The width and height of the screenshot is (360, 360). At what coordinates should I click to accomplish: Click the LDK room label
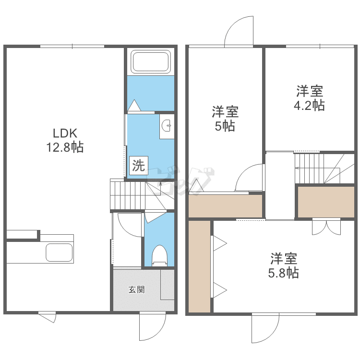point(65,133)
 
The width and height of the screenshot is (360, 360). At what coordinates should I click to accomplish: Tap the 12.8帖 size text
point(65,147)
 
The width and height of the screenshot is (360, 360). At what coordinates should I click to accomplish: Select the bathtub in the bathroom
point(150,62)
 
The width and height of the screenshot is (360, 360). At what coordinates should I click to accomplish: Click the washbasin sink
point(167,126)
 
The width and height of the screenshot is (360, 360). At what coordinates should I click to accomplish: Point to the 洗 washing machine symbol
point(138,166)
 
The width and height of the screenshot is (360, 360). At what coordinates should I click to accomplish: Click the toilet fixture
point(159,255)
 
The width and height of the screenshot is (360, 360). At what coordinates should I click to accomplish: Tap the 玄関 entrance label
point(136,289)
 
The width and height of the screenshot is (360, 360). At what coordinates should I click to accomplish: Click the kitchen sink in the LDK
point(59,252)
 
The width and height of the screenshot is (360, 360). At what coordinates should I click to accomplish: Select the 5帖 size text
point(225,127)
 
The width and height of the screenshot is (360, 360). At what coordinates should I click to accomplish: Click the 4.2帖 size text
point(309,105)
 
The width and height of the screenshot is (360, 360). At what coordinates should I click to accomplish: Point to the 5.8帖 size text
point(283,273)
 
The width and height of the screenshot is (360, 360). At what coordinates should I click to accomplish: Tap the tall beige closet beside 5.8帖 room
point(199,266)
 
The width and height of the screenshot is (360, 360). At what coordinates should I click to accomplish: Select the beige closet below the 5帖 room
point(225,206)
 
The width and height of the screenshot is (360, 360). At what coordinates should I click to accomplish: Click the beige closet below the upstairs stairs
point(326,202)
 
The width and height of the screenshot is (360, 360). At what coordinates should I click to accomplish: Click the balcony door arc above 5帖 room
point(239,32)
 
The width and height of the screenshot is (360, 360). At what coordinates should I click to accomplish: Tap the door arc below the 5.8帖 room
point(265,329)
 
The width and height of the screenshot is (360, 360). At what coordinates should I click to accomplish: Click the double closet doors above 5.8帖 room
point(326,227)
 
